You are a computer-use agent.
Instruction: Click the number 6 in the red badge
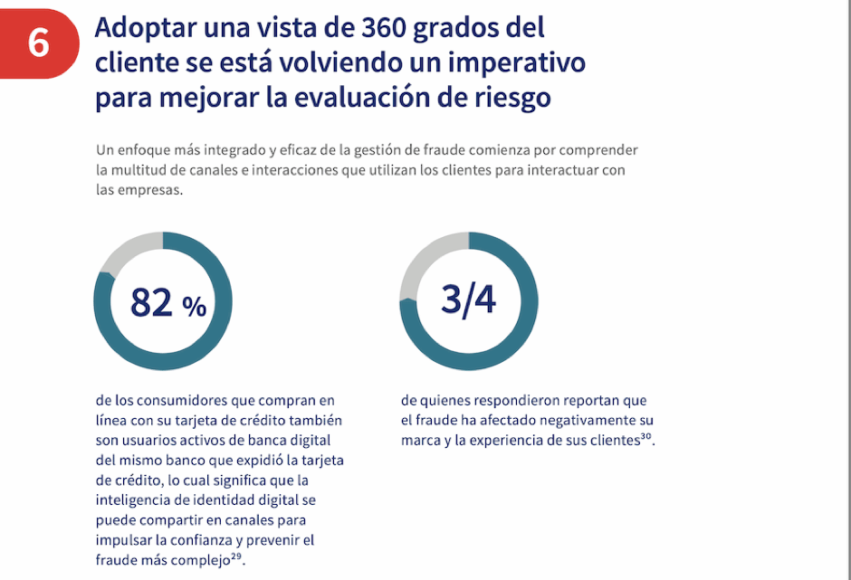coord(38,43)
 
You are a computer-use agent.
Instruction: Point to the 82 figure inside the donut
coord(152,302)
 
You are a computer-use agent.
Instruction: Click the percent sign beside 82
coord(195,307)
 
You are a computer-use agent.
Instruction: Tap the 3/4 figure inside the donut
coord(468,300)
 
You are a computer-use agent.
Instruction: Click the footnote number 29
coord(236,556)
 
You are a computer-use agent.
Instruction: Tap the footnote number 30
coord(645,438)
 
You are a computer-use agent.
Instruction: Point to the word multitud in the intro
coord(141,169)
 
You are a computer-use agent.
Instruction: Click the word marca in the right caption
coord(420,441)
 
